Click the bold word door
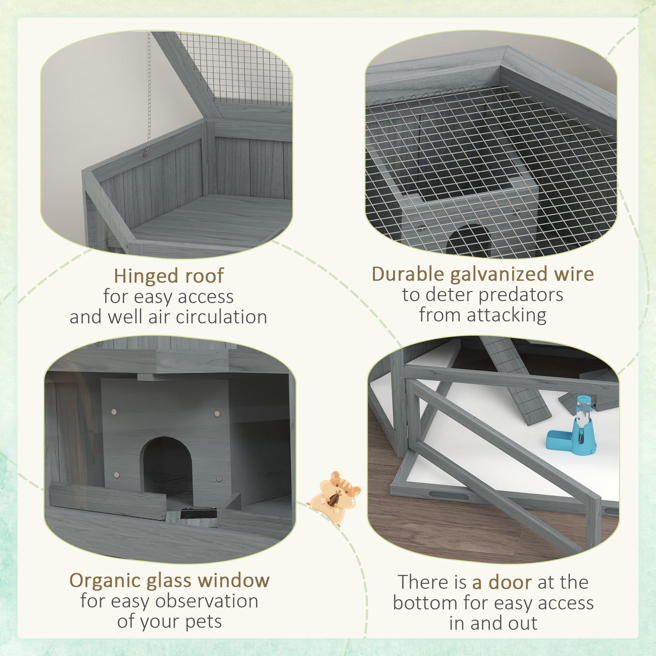tap(502, 582)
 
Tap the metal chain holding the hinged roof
tap(148, 91)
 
